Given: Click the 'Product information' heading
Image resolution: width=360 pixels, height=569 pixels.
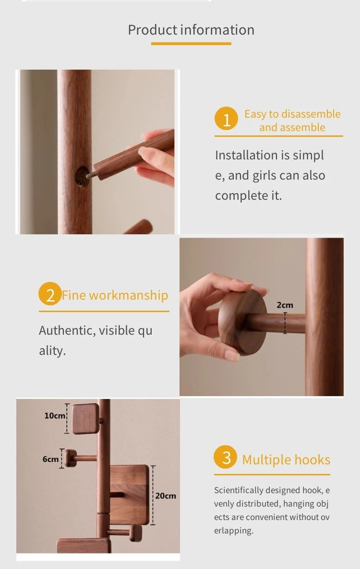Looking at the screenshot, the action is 191,30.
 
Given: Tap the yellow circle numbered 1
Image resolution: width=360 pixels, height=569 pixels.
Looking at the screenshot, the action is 226,119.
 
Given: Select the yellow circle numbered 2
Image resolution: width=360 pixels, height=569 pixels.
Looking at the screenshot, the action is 50,294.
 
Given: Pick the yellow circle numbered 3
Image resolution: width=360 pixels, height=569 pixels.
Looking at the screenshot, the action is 226,457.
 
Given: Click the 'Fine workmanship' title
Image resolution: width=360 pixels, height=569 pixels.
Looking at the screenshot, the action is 115,295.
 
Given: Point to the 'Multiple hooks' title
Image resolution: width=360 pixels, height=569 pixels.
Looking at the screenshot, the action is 286,460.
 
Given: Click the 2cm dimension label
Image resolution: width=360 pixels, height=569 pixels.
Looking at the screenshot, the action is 285,305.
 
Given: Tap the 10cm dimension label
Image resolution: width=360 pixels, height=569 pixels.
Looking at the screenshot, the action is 55,415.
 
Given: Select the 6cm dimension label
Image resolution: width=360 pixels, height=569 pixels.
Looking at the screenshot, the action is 50,459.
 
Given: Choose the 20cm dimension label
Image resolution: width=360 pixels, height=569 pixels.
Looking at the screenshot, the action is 166,496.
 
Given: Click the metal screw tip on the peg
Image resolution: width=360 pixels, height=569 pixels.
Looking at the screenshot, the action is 92,175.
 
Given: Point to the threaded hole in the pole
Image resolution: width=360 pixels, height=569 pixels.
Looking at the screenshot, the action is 82,177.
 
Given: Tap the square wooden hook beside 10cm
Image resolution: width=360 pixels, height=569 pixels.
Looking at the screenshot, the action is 85,419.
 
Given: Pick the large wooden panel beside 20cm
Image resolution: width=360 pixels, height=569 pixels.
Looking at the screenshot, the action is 130,495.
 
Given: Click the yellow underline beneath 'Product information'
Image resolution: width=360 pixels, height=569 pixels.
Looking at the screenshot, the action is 191,44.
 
